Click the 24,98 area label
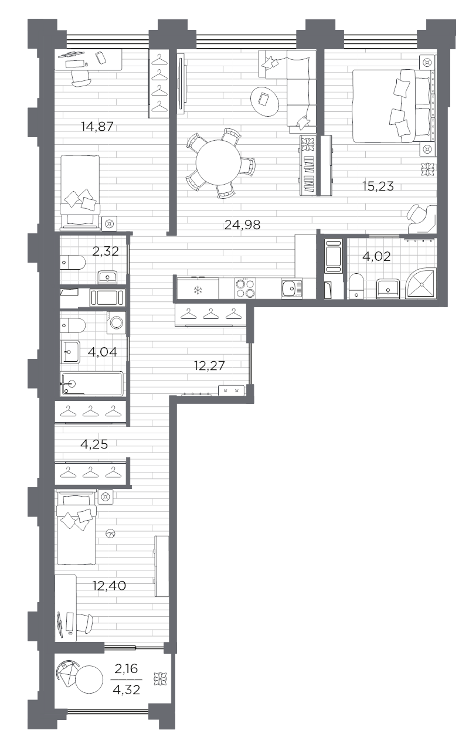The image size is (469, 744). (242, 225)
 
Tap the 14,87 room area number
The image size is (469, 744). (97, 127)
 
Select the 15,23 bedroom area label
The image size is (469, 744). (378, 186)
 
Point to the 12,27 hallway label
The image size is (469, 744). (209, 366)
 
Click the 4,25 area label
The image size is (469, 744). (94, 444)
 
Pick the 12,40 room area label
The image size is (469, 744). (109, 586)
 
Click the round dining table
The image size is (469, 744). (218, 162)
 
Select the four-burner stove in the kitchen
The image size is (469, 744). (246, 288)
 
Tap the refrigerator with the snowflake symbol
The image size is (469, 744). (198, 288)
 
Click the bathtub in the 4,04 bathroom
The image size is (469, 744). (92, 383)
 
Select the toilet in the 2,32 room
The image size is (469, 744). (73, 263)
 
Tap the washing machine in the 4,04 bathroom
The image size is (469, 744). (116, 322)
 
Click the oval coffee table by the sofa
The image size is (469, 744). (264, 101)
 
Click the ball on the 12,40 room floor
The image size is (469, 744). (110, 534)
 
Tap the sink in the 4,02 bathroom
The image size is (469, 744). (388, 288)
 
